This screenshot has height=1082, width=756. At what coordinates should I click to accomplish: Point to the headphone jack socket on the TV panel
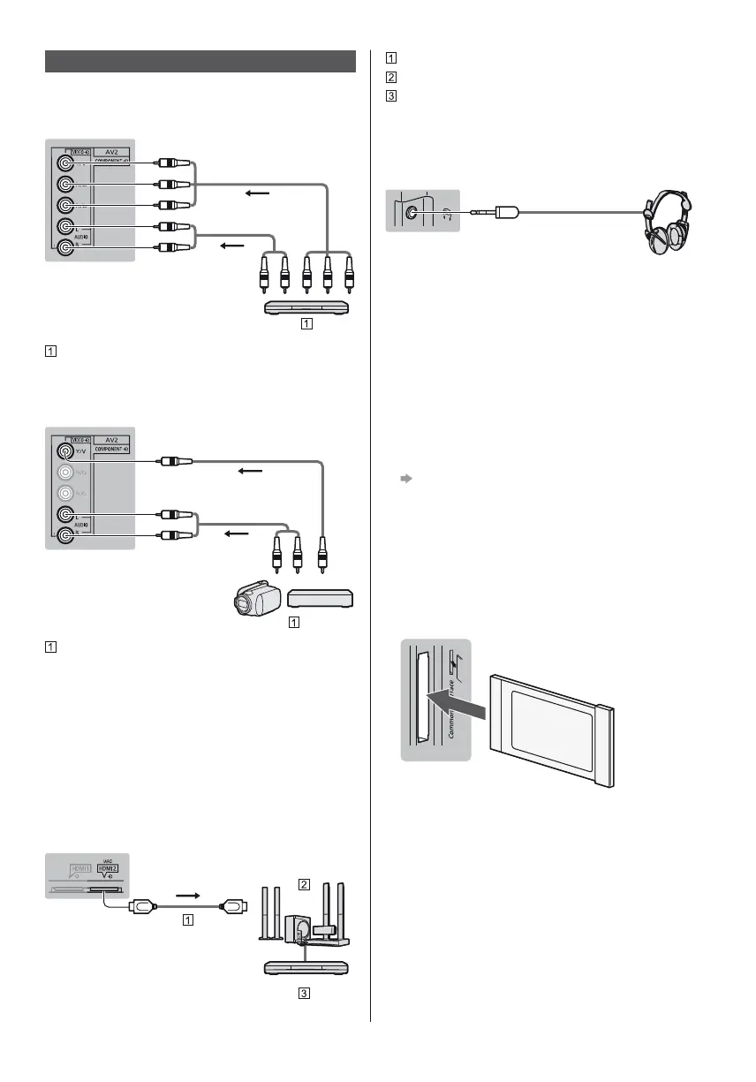click(x=412, y=212)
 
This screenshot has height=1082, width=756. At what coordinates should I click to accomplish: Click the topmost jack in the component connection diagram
click(x=64, y=163)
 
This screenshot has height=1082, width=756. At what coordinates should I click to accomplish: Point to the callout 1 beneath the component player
click(x=305, y=323)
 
